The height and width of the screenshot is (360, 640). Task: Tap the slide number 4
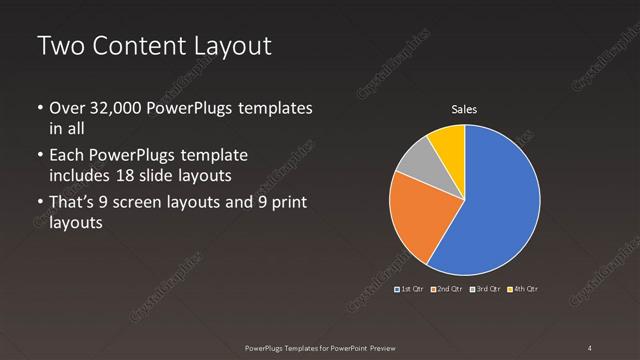590,347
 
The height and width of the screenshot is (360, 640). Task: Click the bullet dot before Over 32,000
39,108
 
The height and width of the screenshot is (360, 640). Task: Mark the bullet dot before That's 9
39,204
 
